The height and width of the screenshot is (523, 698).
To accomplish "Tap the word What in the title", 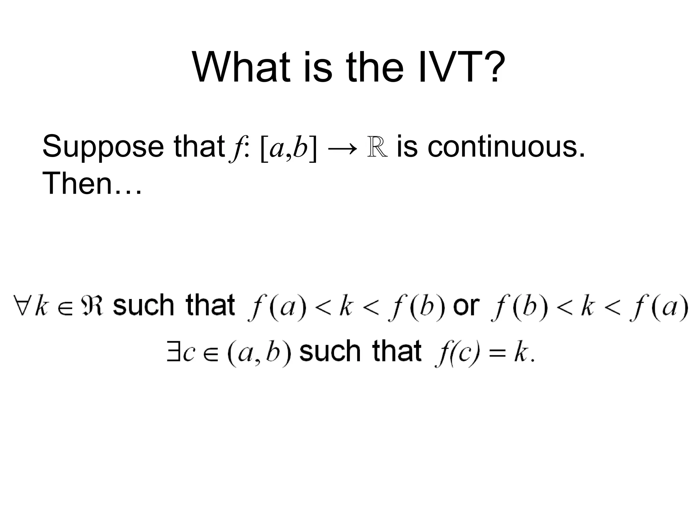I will pos(242,67).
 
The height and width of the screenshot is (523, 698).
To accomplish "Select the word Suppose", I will pos(103,147).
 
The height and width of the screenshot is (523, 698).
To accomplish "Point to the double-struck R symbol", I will pos(377,147).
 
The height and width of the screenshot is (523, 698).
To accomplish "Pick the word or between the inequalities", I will pos(466,306).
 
